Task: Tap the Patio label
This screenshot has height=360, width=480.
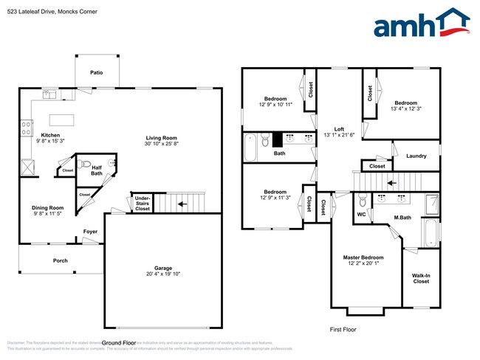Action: (x=96, y=73)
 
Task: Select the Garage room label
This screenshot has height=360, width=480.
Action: (x=162, y=269)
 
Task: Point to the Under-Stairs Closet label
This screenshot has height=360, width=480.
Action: (x=141, y=203)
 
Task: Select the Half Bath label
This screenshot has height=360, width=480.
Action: (x=97, y=170)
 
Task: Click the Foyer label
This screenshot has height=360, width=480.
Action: (x=90, y=232)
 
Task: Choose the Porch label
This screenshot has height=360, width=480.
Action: (x=60, y=260)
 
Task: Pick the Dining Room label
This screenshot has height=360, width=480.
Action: (x=47, y=208)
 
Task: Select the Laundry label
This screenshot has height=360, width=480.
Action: (x=416, y=156)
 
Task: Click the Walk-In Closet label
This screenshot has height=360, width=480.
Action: (x=421, y=278)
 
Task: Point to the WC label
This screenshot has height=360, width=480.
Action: (x=361, y=215)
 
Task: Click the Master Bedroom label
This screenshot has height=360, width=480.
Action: (x=363, y=257)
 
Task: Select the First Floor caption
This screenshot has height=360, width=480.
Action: (x=343, y=330)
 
